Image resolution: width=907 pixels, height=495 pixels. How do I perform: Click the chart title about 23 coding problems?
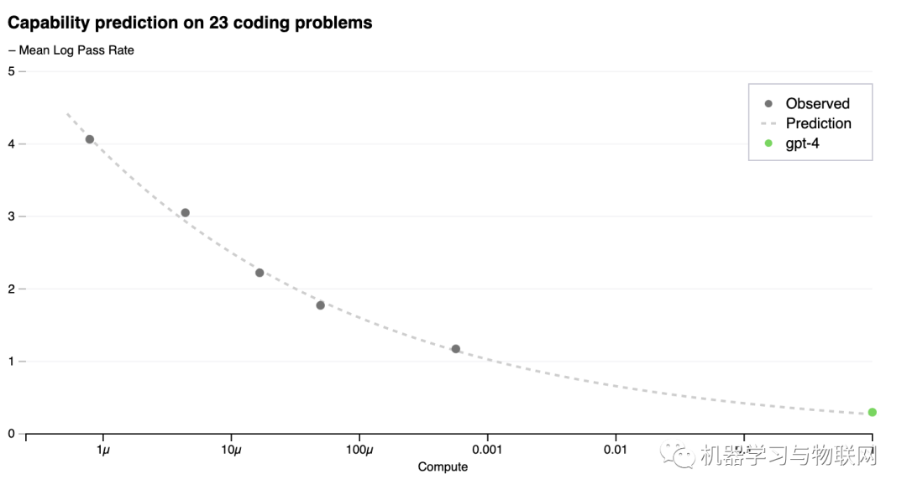190,23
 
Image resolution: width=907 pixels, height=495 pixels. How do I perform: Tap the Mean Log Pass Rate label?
71,50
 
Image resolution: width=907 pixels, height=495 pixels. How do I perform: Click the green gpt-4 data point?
873,412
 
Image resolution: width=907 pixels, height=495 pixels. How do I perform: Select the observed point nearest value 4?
90,139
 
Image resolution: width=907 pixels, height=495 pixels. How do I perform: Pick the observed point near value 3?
186,213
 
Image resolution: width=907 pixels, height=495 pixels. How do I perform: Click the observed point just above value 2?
260,273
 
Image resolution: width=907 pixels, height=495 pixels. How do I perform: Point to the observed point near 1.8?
321,305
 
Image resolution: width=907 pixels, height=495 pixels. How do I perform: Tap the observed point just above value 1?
456,349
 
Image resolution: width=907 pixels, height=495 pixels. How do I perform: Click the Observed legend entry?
817,104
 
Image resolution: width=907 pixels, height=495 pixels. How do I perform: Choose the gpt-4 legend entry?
802,143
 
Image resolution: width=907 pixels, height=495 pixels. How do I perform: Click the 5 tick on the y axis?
11,71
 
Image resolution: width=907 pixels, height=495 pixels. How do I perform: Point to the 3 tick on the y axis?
11,216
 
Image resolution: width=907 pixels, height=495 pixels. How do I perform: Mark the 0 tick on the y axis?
11,434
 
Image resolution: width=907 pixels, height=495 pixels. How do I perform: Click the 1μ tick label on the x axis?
103,451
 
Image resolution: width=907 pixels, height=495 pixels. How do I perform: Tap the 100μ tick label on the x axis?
359,451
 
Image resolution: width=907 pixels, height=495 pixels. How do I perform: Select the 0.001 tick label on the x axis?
487,451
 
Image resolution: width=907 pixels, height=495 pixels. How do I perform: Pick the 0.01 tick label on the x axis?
616,451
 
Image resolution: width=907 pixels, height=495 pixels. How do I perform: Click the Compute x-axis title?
443,466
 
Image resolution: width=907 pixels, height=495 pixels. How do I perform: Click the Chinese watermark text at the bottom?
788,456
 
